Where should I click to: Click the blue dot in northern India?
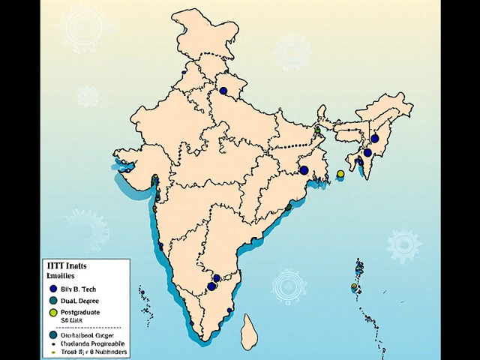[x=223, y=91]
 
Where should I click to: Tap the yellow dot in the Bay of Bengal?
[x=340, y=174]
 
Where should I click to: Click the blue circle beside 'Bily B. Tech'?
[x=52, y=288]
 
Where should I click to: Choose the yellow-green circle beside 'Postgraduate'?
[x=52, y=311]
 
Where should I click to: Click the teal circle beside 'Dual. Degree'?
[x=52, y=299]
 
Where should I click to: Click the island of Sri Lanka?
[x=249, y=328]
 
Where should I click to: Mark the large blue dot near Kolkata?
[x=304, y=170]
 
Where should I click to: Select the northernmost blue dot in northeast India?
[x=374, y=138]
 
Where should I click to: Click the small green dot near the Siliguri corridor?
[x=317, y=130]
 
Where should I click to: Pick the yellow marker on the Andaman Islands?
[x=354, y=286]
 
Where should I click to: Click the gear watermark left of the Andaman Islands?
[x=289, y=286]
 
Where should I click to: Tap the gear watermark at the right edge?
[x=403, y=244]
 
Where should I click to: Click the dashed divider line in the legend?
[x=84, y=328]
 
